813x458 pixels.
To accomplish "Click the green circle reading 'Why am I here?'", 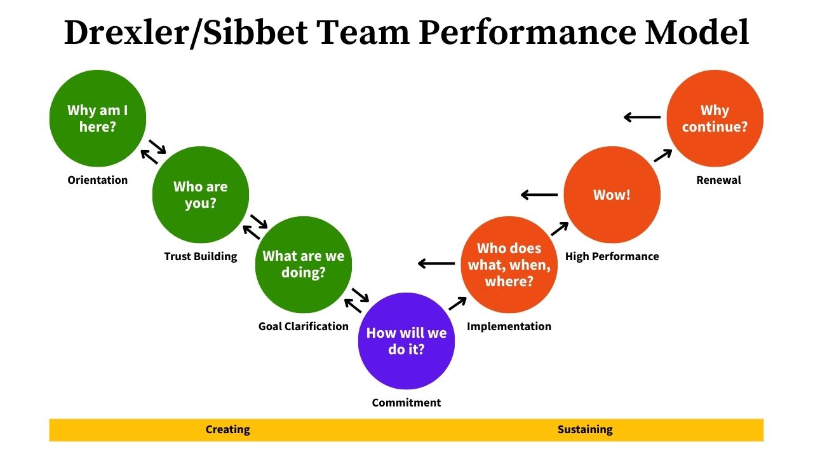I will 98,118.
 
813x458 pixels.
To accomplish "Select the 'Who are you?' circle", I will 201,195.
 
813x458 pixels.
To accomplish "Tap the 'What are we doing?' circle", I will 304,265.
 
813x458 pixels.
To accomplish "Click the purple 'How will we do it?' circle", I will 406,341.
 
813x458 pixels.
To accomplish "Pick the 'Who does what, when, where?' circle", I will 509,265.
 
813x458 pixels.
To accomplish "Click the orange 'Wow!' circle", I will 612,195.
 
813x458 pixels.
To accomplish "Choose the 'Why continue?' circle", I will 715,118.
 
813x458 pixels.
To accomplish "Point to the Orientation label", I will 98,180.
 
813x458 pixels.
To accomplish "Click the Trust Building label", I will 201,256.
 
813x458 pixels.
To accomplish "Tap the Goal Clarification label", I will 304,326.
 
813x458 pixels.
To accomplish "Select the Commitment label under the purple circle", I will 406,403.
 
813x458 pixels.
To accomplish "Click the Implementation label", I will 509,326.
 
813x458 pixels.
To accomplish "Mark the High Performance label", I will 612,256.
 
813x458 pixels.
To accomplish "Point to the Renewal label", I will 718,180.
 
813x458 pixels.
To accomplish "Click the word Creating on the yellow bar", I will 228,429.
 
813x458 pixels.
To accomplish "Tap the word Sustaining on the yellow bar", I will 585,429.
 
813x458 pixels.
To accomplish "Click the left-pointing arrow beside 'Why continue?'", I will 642,117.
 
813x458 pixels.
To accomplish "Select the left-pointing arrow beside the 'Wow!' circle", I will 539,195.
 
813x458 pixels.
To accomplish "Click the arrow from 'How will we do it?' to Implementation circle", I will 457,303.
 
